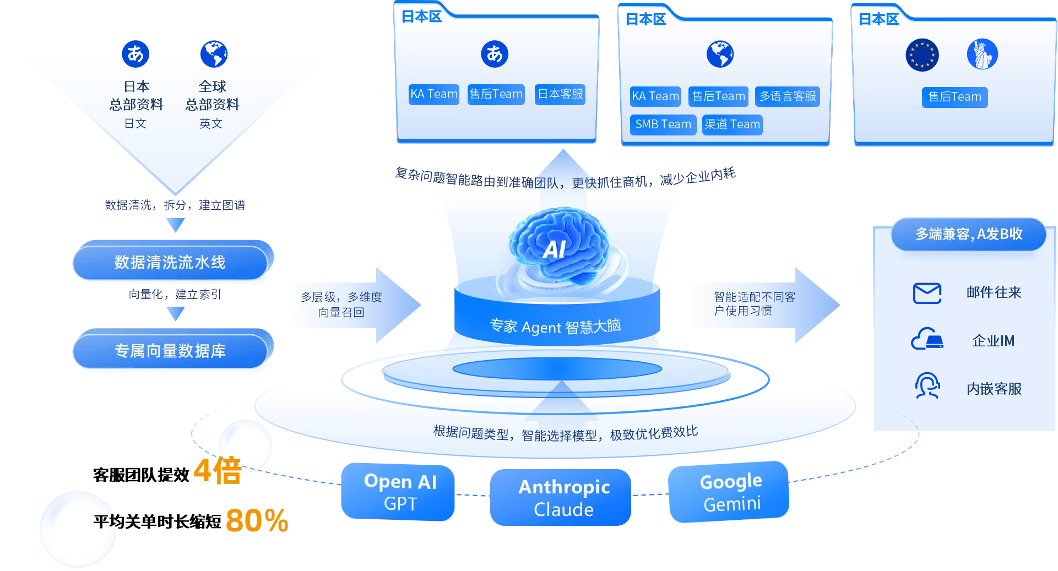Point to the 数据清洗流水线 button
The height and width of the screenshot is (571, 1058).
[x=170, y=263]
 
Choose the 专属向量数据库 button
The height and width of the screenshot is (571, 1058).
[x=170, y=351]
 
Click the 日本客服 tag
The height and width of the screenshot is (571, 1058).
[x=560, y=94]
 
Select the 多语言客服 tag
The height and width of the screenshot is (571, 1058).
[x=788, y=96]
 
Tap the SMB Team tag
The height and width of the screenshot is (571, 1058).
[x=663, y=124]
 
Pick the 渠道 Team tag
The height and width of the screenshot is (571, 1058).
[x=732, y=124]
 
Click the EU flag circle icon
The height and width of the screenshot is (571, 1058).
[x=922, y=55]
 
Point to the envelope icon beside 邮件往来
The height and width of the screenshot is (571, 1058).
[x=927, y=293]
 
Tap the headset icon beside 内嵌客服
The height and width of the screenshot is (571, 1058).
[x=927, y=386]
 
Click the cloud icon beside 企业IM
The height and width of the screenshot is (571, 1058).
[x=927, y=339]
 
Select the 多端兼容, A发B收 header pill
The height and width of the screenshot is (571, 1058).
[x=968, y=234]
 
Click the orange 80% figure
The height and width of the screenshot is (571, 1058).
[x=257, y=520]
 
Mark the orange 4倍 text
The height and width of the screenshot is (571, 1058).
[x=218, y=471]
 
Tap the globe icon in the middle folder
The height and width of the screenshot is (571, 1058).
[x=720, y=54]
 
